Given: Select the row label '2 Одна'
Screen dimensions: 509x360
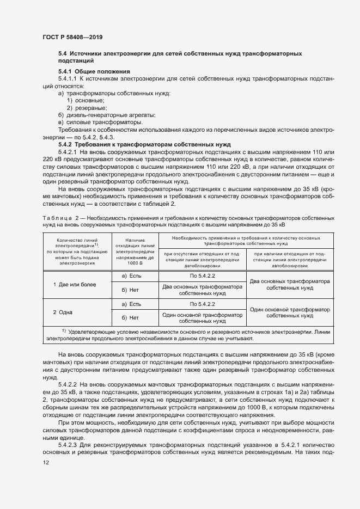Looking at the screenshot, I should [x=63, y=312].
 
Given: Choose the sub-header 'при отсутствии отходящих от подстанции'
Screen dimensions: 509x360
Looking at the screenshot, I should [x=203, y=260].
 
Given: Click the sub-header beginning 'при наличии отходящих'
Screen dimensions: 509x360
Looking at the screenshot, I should [x=290, y=260].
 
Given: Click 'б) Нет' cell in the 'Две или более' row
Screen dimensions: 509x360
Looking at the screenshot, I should [x=131, y=290].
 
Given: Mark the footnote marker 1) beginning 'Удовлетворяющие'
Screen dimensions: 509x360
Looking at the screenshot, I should [x=63, y=330].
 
